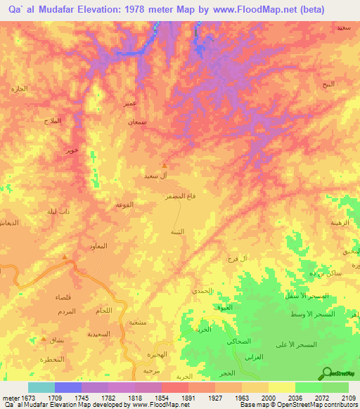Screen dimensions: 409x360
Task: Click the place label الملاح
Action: (x=52, y=121)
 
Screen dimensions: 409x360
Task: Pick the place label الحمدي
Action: (x=201, y=290)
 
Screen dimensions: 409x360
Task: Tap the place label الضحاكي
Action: (x=235, y=341)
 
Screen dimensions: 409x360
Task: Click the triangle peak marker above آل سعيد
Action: (x=165, y=166)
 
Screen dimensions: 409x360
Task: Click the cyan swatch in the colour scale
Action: (x=41, y=387)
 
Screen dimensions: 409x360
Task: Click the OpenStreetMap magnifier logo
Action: (x=326, y=373)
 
